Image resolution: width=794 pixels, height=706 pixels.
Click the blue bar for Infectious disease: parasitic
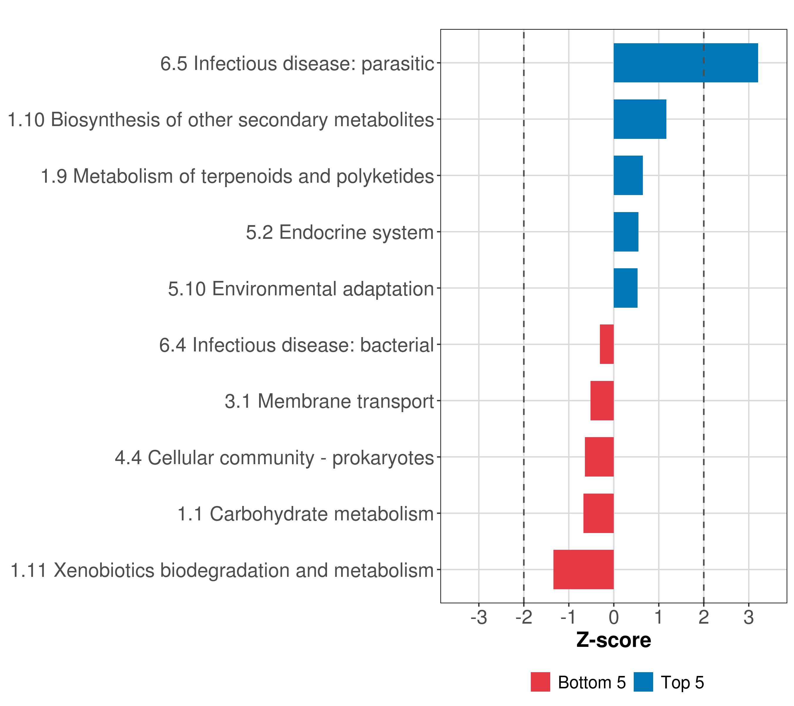click(685, 63)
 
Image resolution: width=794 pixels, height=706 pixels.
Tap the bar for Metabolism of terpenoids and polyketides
click(628, 175)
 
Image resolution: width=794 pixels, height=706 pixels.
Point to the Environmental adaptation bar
click(625, 288)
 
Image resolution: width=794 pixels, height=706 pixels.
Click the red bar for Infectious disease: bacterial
click(607, 344)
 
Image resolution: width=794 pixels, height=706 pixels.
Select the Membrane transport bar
click(602, 401)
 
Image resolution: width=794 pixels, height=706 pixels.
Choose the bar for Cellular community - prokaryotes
click(599, 457)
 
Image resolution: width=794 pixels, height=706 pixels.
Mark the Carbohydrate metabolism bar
click(599, 513)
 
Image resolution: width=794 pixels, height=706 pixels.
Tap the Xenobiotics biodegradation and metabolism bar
click(583, 570)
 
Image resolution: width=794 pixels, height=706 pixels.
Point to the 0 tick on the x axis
click(614, 617)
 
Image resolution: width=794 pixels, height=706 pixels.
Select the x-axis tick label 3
click(748, 617)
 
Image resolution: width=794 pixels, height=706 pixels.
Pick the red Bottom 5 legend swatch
click(540, 682)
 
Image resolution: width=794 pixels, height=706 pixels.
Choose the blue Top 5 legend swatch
click(643, 682)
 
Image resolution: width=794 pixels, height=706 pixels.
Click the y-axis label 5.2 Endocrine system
click(340, 232)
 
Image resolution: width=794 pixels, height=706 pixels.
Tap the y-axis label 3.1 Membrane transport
click(329, 401)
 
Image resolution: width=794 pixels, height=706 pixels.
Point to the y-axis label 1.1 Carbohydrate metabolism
click(305, 514)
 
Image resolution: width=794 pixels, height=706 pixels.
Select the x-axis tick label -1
click(568, 617)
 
